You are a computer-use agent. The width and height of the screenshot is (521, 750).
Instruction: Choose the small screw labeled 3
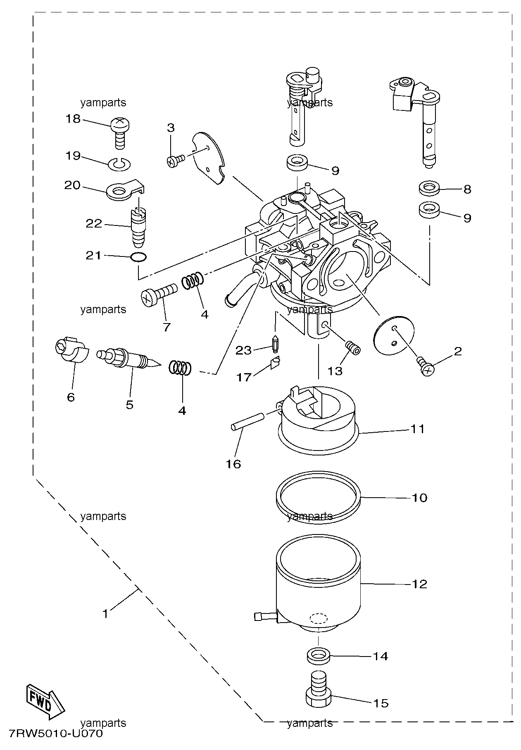tap(176, 161)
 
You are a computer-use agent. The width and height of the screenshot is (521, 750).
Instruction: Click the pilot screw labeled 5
tap(128, 359)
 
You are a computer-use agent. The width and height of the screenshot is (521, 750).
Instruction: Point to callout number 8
tap(467, 189)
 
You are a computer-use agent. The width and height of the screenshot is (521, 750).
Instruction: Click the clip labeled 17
tap(275, 363)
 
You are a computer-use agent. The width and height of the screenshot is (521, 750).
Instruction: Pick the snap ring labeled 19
tap(119, 165)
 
